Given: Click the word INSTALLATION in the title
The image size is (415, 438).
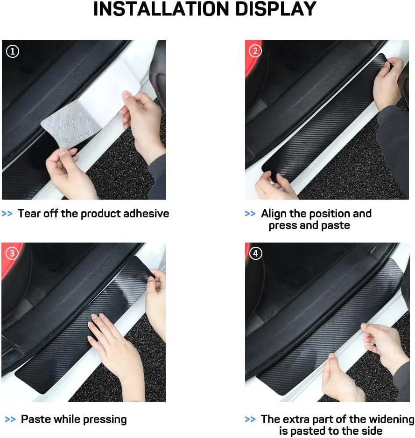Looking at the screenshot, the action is coord(161,9).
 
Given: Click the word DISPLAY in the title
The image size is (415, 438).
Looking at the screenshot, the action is coord(276,9).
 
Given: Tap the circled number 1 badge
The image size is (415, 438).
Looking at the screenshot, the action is coord(13,52).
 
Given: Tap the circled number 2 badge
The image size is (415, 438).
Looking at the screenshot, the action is coord(255,51).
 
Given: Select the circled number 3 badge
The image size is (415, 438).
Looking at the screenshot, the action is coord(12,253).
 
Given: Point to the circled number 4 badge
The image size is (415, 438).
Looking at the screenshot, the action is coord(255,253).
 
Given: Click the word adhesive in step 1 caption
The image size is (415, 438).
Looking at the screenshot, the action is coord(146,214).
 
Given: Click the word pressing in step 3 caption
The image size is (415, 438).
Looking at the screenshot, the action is coord(105,419).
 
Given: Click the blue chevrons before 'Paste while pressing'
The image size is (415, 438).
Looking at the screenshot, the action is coord(10,419).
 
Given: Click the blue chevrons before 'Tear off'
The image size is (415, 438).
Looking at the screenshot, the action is coord(7,214).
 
